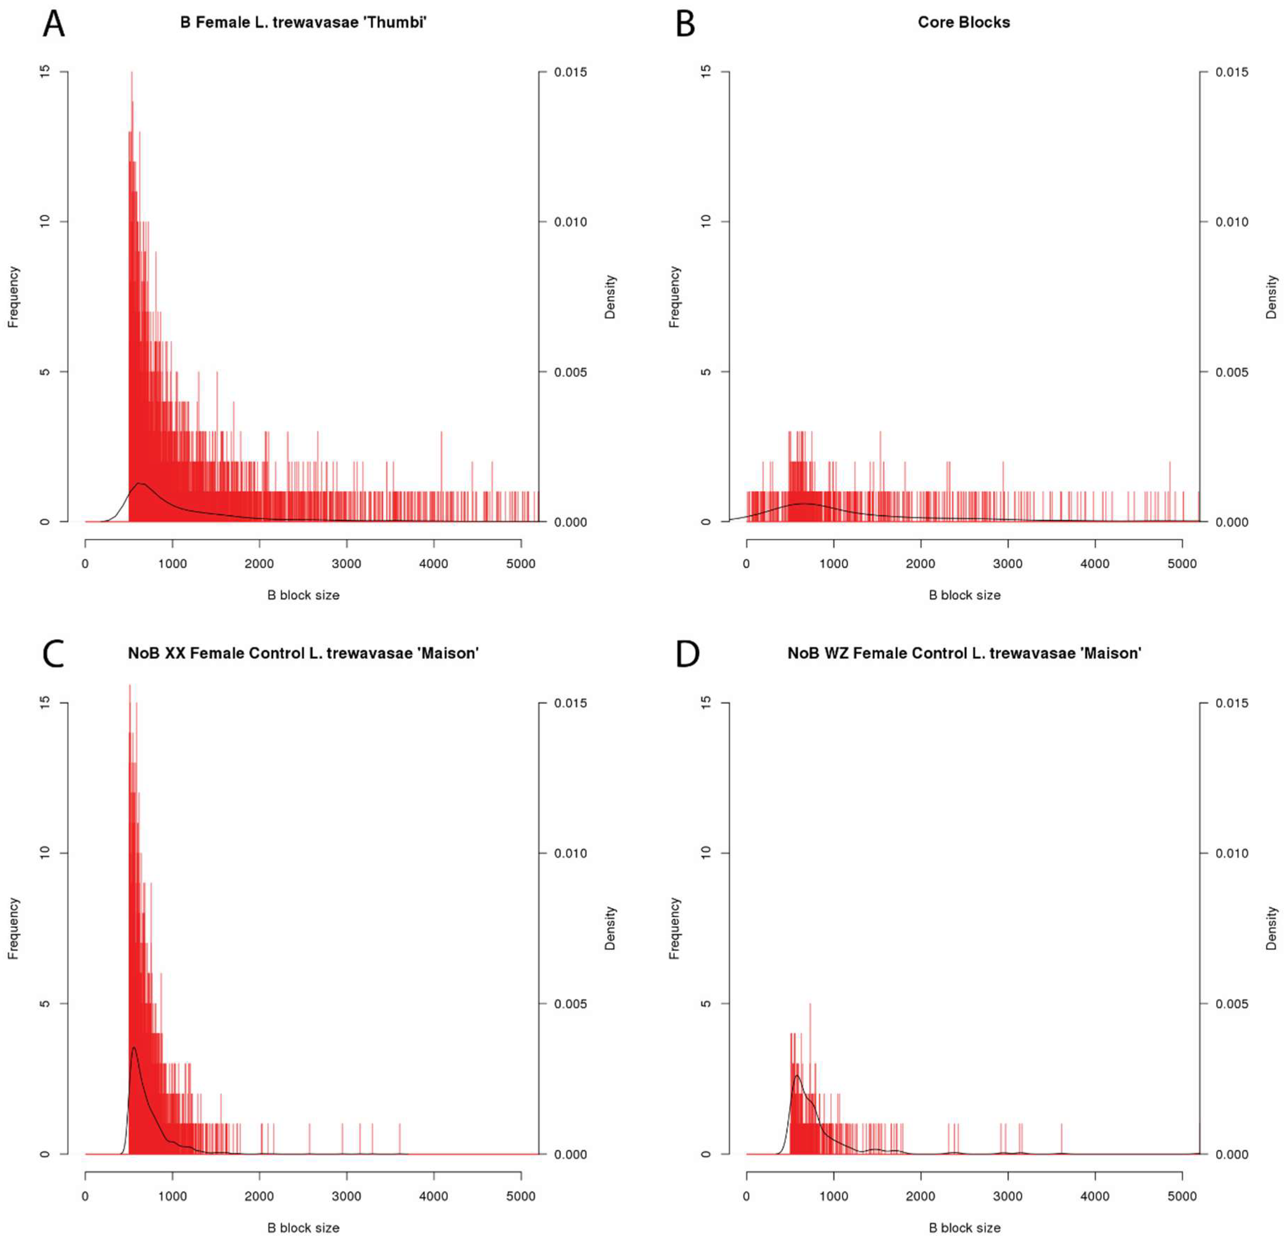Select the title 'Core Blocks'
[963, 22]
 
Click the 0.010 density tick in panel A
[570, 222]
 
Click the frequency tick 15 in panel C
[45, 702]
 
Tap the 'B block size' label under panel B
[964, 595]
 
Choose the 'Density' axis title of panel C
[610, 929]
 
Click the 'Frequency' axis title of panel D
[674, 929]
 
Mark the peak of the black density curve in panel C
[134, 1047]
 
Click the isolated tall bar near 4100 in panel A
[441, 460]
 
